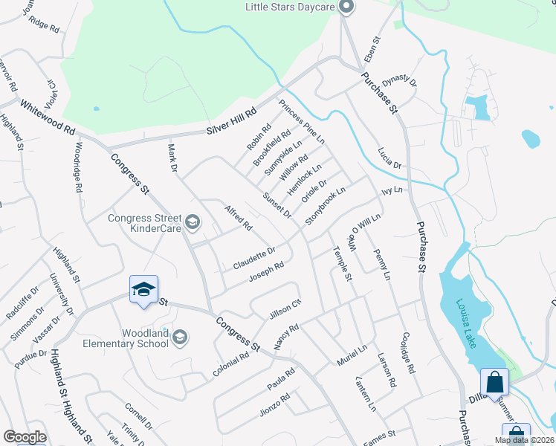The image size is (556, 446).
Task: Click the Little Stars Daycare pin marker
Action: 345,7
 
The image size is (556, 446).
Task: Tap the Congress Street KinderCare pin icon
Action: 193,222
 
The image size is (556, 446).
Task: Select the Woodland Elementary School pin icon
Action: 179,338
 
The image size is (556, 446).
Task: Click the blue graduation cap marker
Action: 144,289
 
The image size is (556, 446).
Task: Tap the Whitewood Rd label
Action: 48,117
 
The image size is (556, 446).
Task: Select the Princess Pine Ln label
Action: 302,120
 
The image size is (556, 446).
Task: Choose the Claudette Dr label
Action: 254,259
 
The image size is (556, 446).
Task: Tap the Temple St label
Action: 342,263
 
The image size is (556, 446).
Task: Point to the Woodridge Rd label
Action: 77,167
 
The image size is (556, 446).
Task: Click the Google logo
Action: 25,437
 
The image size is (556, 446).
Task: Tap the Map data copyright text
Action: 525,440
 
